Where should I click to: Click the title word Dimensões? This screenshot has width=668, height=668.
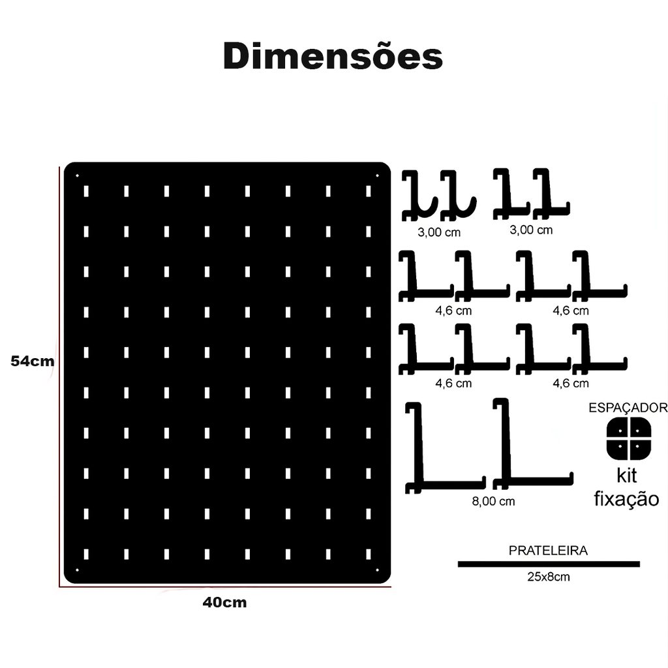[x=333, y=56]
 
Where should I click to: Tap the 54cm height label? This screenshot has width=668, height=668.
[x=33, y=361]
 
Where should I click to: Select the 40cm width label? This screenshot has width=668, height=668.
[x=224, y=602]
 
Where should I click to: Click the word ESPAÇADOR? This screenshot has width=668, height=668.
[x=628, y=408]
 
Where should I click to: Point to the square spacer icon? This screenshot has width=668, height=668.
[x=629, y=439]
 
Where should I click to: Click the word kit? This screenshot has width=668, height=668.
[x=627, y=476]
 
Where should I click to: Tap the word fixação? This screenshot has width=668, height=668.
[x=626, y=498]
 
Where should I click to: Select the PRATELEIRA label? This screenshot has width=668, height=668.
[x=548, y=551]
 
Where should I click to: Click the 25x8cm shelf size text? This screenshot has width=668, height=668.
[x=548, y=577]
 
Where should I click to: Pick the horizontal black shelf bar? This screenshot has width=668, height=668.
[x=549, y=564]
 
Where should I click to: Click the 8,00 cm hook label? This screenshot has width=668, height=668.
[x=493, y=502]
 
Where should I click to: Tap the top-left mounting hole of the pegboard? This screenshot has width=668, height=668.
[x=78, y=175]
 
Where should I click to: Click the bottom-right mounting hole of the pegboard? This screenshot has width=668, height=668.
[x=377, y=569]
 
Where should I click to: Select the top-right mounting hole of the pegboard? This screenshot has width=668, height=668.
[x=377, y=175]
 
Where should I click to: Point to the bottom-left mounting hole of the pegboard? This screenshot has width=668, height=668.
[x=78, y=569]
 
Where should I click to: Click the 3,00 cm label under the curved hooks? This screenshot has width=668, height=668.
[x=439, y=233]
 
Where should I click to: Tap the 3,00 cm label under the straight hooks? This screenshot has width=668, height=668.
[x=531, y=230]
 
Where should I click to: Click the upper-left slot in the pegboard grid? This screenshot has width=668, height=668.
[x=86, y=191]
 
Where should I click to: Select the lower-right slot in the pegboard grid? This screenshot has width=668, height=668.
[x=369, y=554]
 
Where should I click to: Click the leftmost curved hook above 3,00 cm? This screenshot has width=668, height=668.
[x=419, y=196]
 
